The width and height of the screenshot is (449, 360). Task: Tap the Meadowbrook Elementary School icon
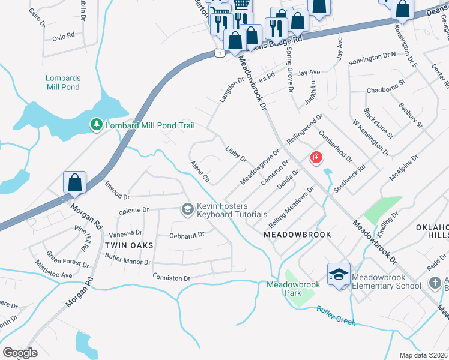click(339, 274)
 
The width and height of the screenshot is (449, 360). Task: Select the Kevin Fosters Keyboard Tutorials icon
click(187, 208)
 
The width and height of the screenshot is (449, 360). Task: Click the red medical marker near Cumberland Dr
click(315, 158)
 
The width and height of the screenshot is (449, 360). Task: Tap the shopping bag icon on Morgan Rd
click(75, 182)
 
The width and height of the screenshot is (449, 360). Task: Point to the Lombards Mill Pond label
click(62, 82)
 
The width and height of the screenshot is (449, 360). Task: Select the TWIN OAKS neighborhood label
click(129, 246)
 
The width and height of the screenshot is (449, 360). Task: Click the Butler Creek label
click(336, 316)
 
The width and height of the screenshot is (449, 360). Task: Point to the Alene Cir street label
click(200, 172)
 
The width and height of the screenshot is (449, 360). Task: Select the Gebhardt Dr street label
click(187, 235)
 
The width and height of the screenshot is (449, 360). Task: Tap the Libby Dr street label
click(236, 154)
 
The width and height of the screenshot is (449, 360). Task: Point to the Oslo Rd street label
click(64, 36)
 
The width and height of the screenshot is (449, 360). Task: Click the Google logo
click(20, 352)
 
